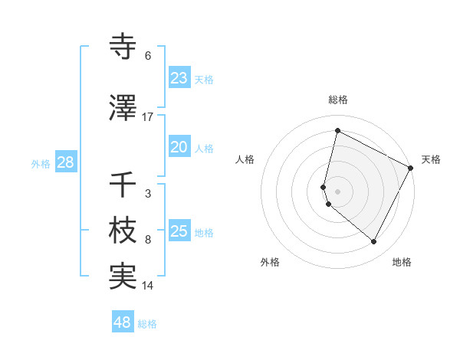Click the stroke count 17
[148, 117]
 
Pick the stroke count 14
[148, 286]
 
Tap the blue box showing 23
[179, 78]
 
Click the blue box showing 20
[179, 147]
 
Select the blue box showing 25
[179, 231]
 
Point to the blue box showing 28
[65, 163]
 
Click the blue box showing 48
[123, 322]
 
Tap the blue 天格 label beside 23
[204, 80]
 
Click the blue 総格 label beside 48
[147, 324]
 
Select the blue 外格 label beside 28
[41, 164]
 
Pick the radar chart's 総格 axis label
[338, 100]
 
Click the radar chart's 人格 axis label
[245, 159]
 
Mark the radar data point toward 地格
[373, 242]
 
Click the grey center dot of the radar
[337, 191]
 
